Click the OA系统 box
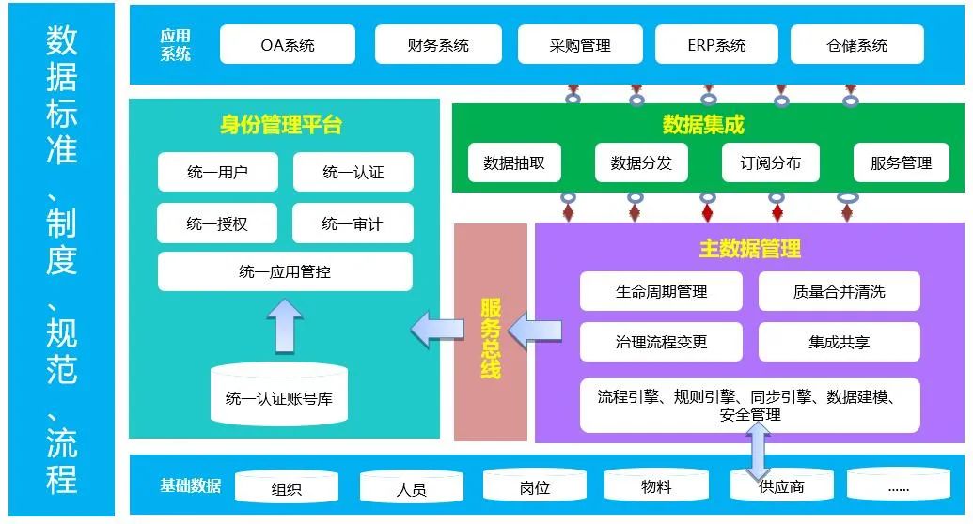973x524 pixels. point(288,45)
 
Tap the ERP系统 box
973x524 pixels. point(715,45)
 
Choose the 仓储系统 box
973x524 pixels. point(856,45)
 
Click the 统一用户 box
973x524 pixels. point(217,173)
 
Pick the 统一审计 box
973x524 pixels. point(353,223)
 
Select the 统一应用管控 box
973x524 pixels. point(285,272)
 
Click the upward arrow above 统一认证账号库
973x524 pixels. point(285,324)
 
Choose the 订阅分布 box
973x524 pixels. point(770,162)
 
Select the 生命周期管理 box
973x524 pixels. point(661,292)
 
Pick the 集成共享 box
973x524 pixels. point(839,342)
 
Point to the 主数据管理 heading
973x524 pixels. point(749,249)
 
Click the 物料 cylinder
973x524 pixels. point(656,486)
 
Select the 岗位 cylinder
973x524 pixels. point(534,486)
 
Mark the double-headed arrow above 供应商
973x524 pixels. point(757,451)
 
